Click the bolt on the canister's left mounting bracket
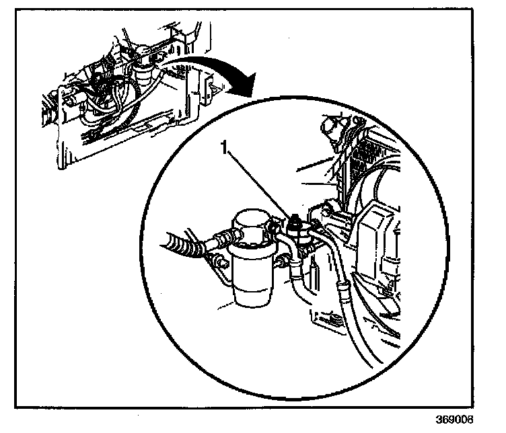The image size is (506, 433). click(x=220, y=263)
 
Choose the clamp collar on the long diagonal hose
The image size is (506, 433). click(x=342, y=290)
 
